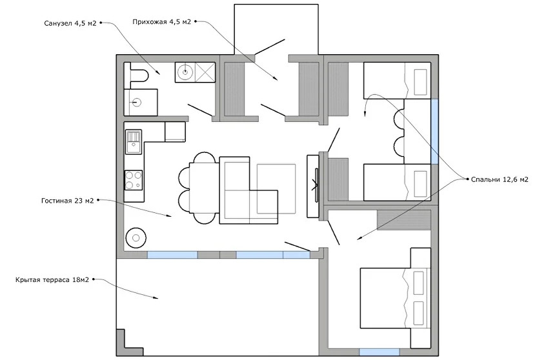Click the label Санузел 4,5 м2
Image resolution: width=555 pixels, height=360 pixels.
(70, 23)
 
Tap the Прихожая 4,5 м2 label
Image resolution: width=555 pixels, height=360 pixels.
(162, 22)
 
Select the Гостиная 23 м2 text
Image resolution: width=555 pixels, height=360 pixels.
(68, 201)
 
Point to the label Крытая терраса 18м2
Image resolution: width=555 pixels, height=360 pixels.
(52, 279)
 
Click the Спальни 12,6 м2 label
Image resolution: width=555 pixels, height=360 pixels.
(499, 179)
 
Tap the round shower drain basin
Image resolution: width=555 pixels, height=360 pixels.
(185, 72)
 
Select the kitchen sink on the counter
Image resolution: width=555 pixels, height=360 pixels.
(134, 141)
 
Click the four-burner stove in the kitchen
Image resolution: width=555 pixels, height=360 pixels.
(134, 180)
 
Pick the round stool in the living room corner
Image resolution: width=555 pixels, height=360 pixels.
(136, 238)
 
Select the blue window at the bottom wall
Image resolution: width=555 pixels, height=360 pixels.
(379, 352)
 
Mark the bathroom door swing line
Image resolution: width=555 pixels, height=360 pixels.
(200, 110)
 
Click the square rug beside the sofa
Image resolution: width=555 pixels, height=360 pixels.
(276, 189)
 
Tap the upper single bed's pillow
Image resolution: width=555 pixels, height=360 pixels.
(420, 82)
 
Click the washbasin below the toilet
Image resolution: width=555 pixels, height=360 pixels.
(140, 103)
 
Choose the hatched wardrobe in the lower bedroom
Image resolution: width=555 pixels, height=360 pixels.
(403, 220)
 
